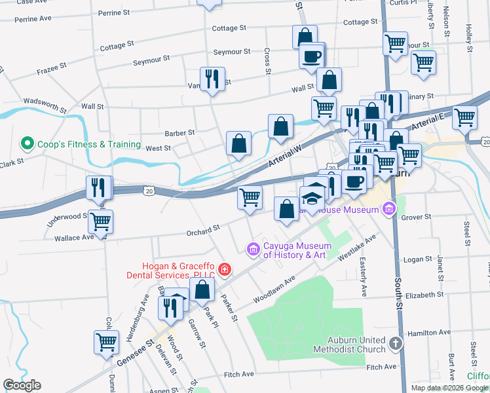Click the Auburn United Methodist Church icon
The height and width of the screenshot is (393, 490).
[395, 343]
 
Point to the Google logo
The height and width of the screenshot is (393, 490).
[22, 385]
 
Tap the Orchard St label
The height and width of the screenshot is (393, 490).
[202, 231]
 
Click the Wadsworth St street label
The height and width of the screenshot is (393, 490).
[45, 104]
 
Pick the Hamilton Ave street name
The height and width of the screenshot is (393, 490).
[429, 333]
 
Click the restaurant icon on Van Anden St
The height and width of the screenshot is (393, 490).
[212, 79]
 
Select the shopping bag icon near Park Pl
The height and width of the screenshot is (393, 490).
[204, 289]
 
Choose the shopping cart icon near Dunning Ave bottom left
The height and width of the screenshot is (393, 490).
[106, 341]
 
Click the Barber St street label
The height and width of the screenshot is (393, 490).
[179, 133]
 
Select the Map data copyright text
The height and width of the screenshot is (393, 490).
[449, 388]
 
